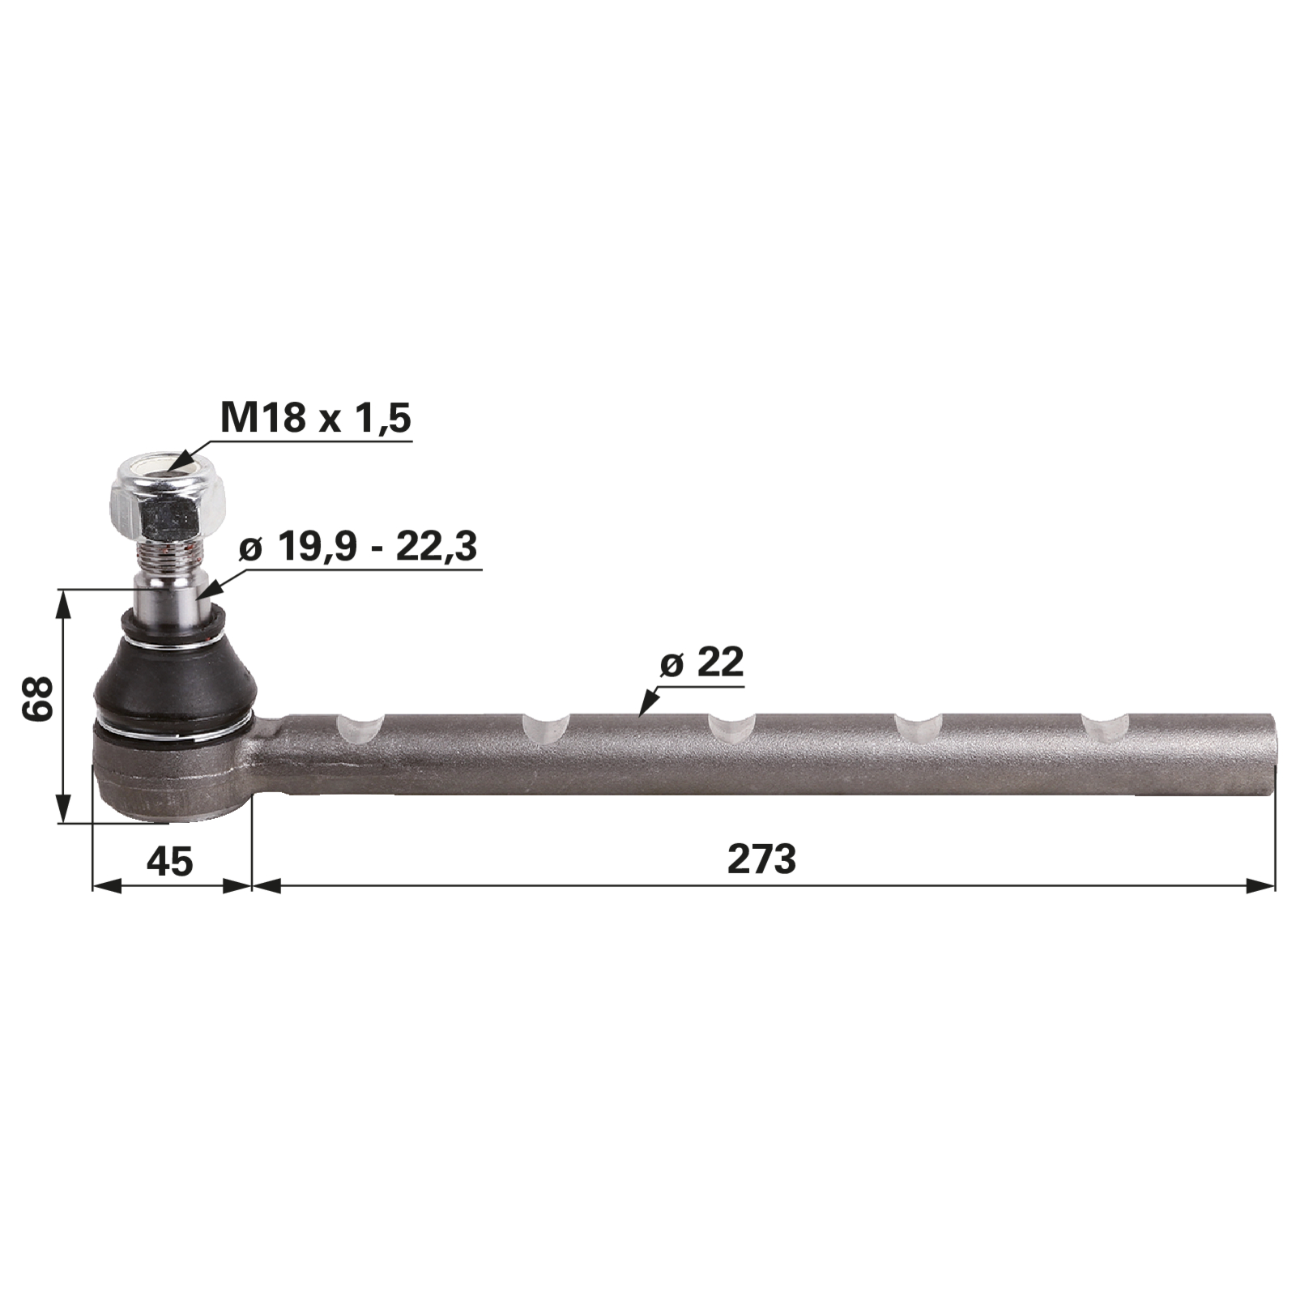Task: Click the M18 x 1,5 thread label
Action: point(316,419)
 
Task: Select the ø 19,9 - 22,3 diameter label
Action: point(358,547)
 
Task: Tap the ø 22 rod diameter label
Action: point(701,663)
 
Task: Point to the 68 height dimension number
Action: point(38,698)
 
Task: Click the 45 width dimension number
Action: point(170,860)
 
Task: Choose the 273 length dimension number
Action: point(761,859)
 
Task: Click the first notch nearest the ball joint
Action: point(360,728)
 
